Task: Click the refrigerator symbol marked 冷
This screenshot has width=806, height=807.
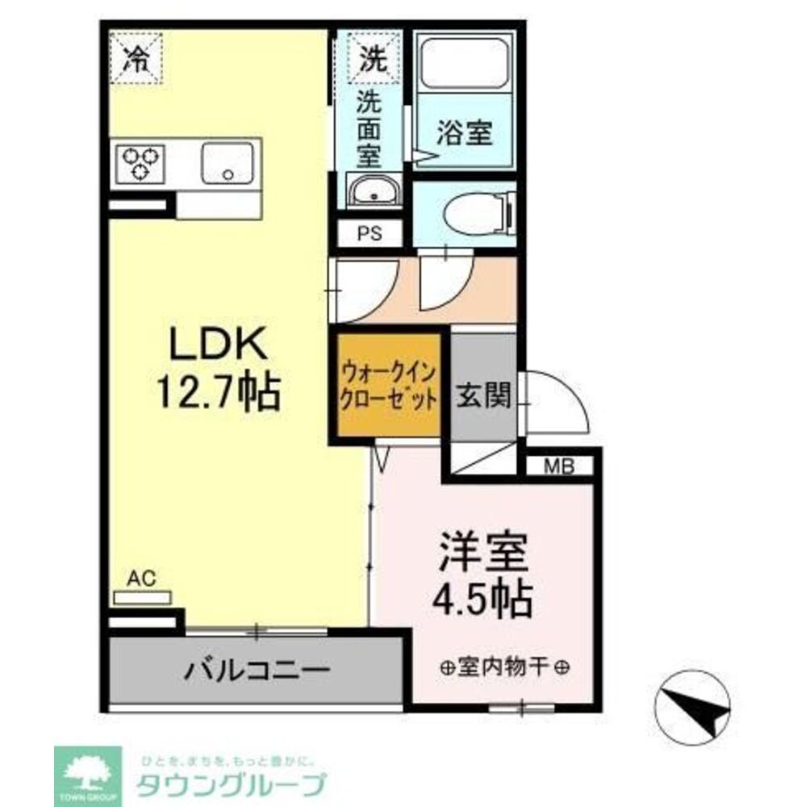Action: click(x=136, y=57)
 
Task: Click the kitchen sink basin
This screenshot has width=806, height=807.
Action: click(x=228, y=164)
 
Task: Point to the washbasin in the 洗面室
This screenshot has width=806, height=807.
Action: click(x=371, y=192)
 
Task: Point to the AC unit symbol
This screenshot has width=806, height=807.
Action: click(x=142, y=597)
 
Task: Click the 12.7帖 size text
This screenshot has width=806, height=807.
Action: click(x=216, y=395)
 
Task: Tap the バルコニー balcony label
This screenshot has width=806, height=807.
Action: click(x=256, y=669)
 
